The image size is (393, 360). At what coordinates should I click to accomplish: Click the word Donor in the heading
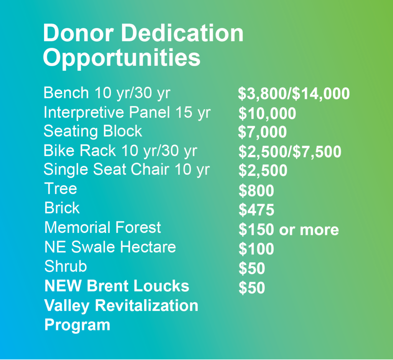(78, 33)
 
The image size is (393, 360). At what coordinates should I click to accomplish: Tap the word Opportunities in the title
(122, 58)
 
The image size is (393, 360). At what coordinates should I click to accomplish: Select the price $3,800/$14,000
(294, 94)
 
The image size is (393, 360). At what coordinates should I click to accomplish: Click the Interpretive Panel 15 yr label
(127, 113)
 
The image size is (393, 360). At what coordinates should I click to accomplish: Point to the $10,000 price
(267, 113)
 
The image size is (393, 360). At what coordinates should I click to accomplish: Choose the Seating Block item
(93, 131)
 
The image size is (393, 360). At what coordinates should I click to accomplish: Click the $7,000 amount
(263, 132)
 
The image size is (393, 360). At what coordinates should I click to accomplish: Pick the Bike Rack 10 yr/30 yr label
(120, 151)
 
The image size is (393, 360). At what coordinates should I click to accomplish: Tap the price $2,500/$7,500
(290, 152)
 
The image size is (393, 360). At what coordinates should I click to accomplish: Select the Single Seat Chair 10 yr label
(127, 170)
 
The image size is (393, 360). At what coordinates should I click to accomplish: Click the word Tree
(61, 189)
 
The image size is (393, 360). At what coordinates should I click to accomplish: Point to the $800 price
(256, 191)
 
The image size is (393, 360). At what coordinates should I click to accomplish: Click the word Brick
(62, 208)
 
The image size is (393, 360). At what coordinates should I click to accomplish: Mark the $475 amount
(256, 210)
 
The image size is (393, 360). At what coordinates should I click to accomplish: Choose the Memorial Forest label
(102, 227)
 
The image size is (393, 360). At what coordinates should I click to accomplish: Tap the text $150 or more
(289, 229)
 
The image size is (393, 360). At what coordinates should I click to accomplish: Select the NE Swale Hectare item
(110, 247)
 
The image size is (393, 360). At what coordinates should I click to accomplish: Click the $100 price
(256, 249)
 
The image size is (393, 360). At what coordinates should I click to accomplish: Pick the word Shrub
(66, 266)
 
